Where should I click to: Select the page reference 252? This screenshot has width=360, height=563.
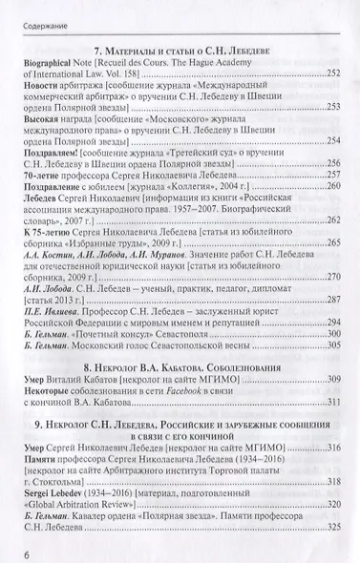point(333,73)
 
